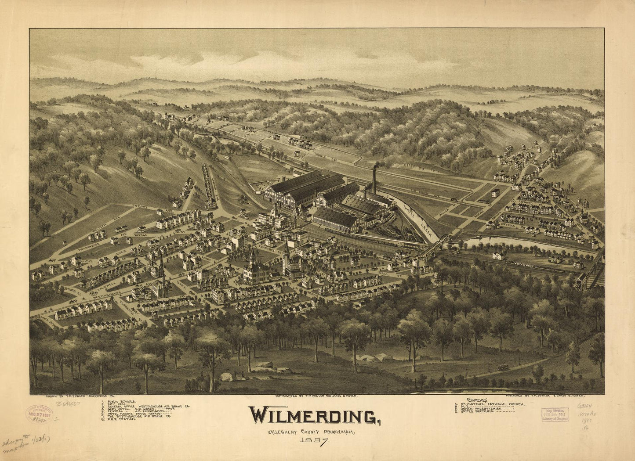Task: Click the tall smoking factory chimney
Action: tap(374, 180)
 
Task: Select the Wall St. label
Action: tap(383, 273)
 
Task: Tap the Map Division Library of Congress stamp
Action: tap(555, 414)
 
